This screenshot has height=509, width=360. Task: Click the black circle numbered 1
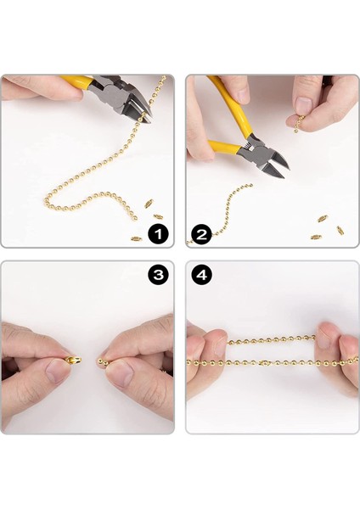[x=158, y=234]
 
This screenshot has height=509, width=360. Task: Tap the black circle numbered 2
[x=201, y=234]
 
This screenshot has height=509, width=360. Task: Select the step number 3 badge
[x=158, y=275]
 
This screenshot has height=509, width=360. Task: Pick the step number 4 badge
[x=202, y=275]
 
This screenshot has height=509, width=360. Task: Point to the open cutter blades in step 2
[x=274, y=165]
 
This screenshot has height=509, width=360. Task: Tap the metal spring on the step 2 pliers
[x=248, y=147]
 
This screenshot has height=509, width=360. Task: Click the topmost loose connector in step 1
[x=149, y=204]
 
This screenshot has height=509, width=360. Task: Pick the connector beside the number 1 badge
[x=137, y=239]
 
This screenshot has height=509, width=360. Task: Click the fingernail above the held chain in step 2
[x=303, y=106]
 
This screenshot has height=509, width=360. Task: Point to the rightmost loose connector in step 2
[x=340, y=230]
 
